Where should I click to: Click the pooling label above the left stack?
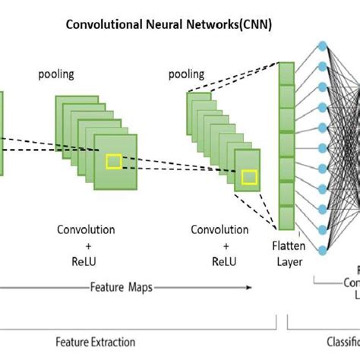coord(55,74)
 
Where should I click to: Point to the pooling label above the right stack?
coord(186,74)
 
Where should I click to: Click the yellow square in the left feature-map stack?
coord(114,160)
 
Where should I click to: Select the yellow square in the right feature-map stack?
coord(249,178)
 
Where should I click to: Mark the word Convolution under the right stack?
coord(219,229)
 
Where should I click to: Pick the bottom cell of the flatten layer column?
coord(286,218)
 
